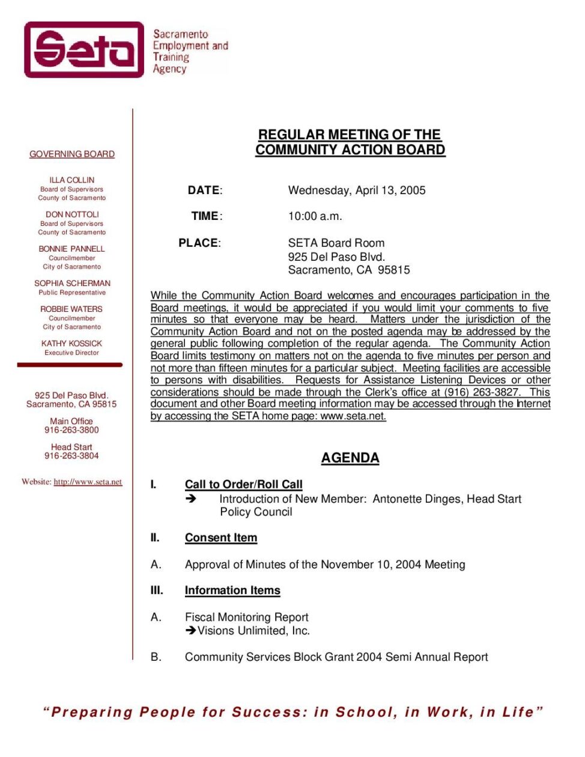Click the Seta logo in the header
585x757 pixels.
tap(84, 50)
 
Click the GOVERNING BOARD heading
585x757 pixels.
tap(72, 154)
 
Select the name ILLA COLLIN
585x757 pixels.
tap(72, 180)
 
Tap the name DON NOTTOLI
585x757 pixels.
tap(72, 214)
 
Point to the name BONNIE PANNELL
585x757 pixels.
tap(72, 249)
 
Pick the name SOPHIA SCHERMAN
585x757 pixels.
tap(72, 284)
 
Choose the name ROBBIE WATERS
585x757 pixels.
tap(72, 309)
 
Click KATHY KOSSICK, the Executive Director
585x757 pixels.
tap(72, 344)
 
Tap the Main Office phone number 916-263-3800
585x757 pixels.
tap(71, 430)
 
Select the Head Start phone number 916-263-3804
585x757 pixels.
tap(71, 456)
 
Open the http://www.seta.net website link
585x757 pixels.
tap(88, 482)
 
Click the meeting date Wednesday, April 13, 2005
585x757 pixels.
tap(357, 190)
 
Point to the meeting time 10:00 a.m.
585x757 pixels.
tap(315, 216)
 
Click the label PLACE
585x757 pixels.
tap(199, 243)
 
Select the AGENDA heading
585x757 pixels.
tap(350, 458)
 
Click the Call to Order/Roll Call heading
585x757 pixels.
tap(243, 484)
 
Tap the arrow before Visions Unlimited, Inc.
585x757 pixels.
tap(191, 631)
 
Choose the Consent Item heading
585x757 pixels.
tap(220, 538)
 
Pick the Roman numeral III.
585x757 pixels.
tap(157, 591)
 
